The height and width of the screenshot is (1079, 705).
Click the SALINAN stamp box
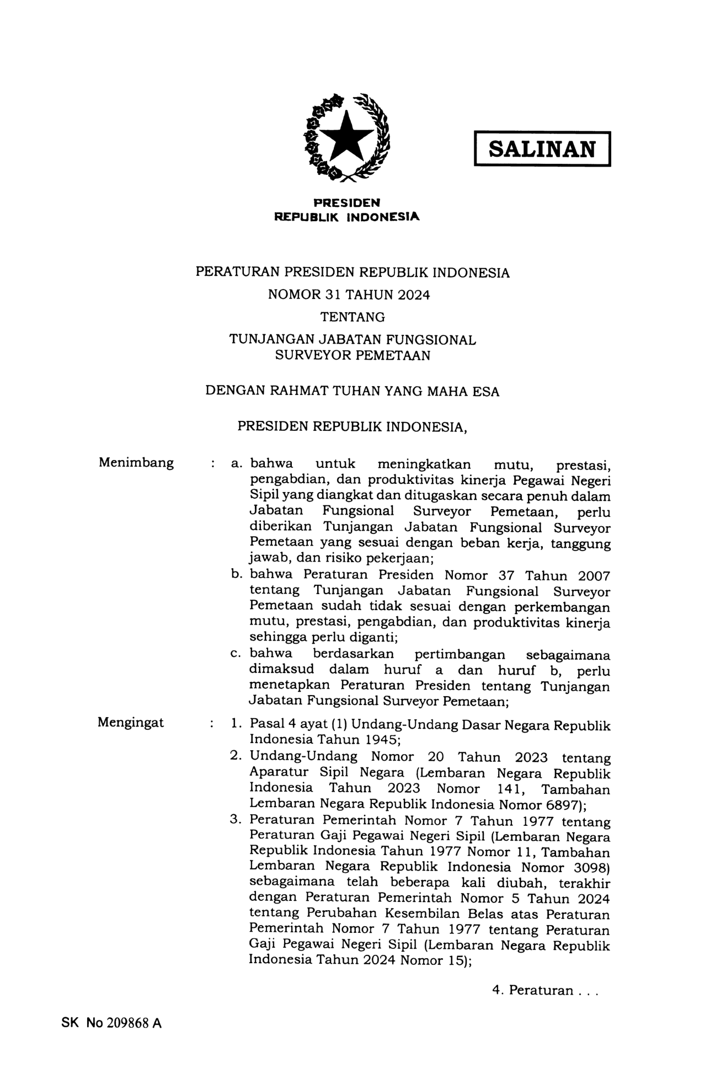tap(542, 149)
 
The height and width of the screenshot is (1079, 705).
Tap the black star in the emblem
tap(346, 135)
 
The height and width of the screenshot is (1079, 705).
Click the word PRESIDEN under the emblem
tap(347, 202)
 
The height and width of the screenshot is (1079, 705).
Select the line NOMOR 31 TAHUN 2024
tap(349, 295)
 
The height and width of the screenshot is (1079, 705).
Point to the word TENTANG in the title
tap(352, 317)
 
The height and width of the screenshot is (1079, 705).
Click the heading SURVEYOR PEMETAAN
tap(352, 355)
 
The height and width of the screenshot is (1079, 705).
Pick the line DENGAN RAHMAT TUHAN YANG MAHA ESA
tap(352, 391)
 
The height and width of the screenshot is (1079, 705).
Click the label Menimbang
tap(136, 462)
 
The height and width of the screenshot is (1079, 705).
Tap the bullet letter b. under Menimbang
tap(237, 575)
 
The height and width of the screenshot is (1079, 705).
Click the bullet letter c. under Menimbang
tap(237, 654)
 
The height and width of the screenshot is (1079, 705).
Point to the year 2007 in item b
tap(594, 576)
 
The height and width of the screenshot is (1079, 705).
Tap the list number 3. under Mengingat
tap(236, 820)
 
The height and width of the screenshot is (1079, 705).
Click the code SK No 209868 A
tap(111, 1023)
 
